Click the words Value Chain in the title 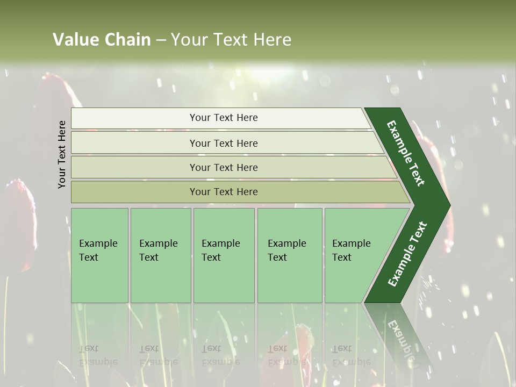tap(102, 40)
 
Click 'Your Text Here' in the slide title tap(231, 40)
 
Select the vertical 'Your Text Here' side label tap(62, 154)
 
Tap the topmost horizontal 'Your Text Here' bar tap(223, 118)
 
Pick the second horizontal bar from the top tap(223, 143)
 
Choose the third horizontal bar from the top tap(223, 167)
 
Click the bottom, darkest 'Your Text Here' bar tap(223, 192)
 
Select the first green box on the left tap(99, 255)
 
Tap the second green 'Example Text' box tap(161, 255)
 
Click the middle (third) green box tap(224, 255)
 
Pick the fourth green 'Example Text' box tap(290, 255)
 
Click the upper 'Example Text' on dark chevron tap(406, 153)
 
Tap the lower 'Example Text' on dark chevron tap(407, 254)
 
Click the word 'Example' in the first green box tap(98, 243)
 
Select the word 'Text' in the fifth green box tap(342, 257)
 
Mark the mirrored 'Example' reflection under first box tap(98, 362)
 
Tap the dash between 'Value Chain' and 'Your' tap(161, 40)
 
